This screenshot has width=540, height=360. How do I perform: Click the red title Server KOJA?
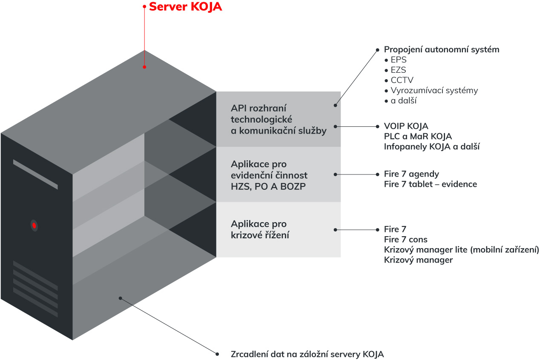185,7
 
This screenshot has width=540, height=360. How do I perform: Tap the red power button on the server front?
34,225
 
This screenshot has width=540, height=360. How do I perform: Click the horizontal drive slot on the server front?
35,174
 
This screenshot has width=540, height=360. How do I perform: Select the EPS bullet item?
398,60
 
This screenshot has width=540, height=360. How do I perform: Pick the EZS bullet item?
398,70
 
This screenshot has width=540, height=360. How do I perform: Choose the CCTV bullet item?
402,80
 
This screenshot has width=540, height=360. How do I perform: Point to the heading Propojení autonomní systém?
442,49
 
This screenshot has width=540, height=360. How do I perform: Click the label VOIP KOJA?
406,126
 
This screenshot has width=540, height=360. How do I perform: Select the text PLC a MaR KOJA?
418,137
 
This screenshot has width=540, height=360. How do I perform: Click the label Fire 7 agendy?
411,174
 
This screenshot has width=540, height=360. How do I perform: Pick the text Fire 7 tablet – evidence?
430,184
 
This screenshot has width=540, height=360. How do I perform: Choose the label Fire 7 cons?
405,240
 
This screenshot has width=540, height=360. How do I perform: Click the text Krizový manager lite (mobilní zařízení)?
461,250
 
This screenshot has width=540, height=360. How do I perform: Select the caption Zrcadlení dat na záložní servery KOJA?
307,354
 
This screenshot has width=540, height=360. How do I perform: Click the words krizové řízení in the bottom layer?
260,234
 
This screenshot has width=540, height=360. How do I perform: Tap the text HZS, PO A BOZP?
268,186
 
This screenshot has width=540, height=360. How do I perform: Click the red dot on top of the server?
145,67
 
